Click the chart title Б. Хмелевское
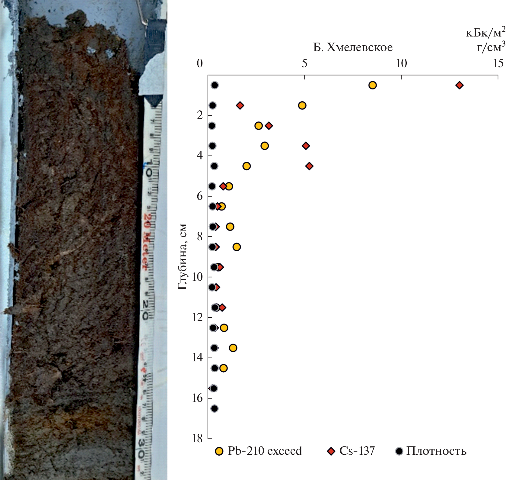[353, 47]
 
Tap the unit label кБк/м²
[486, 33]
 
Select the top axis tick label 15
[498, 63]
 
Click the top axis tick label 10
[401, 63]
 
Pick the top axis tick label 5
[304, 63]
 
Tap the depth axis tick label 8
[199, 236]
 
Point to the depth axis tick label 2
[199, 115]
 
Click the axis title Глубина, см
[182, 257]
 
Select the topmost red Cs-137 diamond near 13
[459, 85]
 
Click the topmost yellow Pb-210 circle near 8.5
[372, 85]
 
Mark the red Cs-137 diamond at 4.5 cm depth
[309, 166]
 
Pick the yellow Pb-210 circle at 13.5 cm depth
[233, 348]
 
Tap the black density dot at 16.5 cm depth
[214, 409]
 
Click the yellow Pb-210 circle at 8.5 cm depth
[237, 247]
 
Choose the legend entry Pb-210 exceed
[258, 451]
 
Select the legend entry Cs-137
[351, 451]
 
